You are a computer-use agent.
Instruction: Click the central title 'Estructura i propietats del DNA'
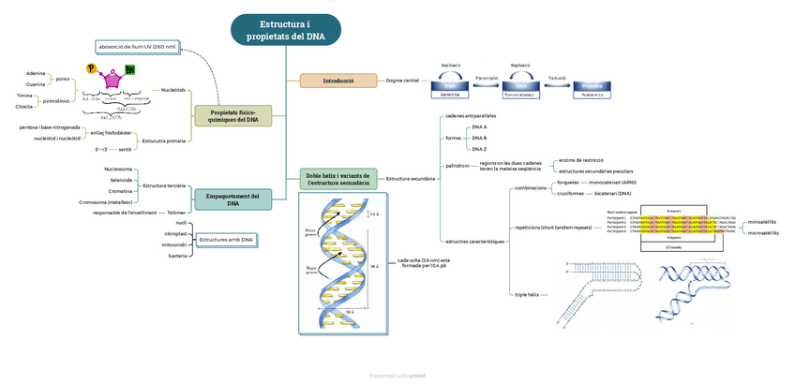click(286, 29)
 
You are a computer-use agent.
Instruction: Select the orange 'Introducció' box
click(337, 81)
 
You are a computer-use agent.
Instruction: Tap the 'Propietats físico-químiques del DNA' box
click(233, 116)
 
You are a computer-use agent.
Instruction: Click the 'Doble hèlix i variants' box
click(338, 178)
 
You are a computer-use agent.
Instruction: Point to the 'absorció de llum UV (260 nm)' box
click(137, 46)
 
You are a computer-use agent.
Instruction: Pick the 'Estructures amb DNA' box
click(226, 241)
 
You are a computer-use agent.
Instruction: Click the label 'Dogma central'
click(402, 81)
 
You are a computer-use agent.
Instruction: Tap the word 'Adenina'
click(36, 72)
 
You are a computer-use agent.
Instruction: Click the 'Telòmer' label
click(176, 213)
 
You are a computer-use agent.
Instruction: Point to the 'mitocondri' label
click(175, 244)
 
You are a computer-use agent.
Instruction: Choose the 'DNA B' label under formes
click(479, 138)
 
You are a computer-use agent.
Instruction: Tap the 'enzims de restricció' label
click(580, 160)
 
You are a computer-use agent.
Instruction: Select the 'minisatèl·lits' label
click(761, 222)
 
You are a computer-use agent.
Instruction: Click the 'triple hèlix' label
click(527, 295)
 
